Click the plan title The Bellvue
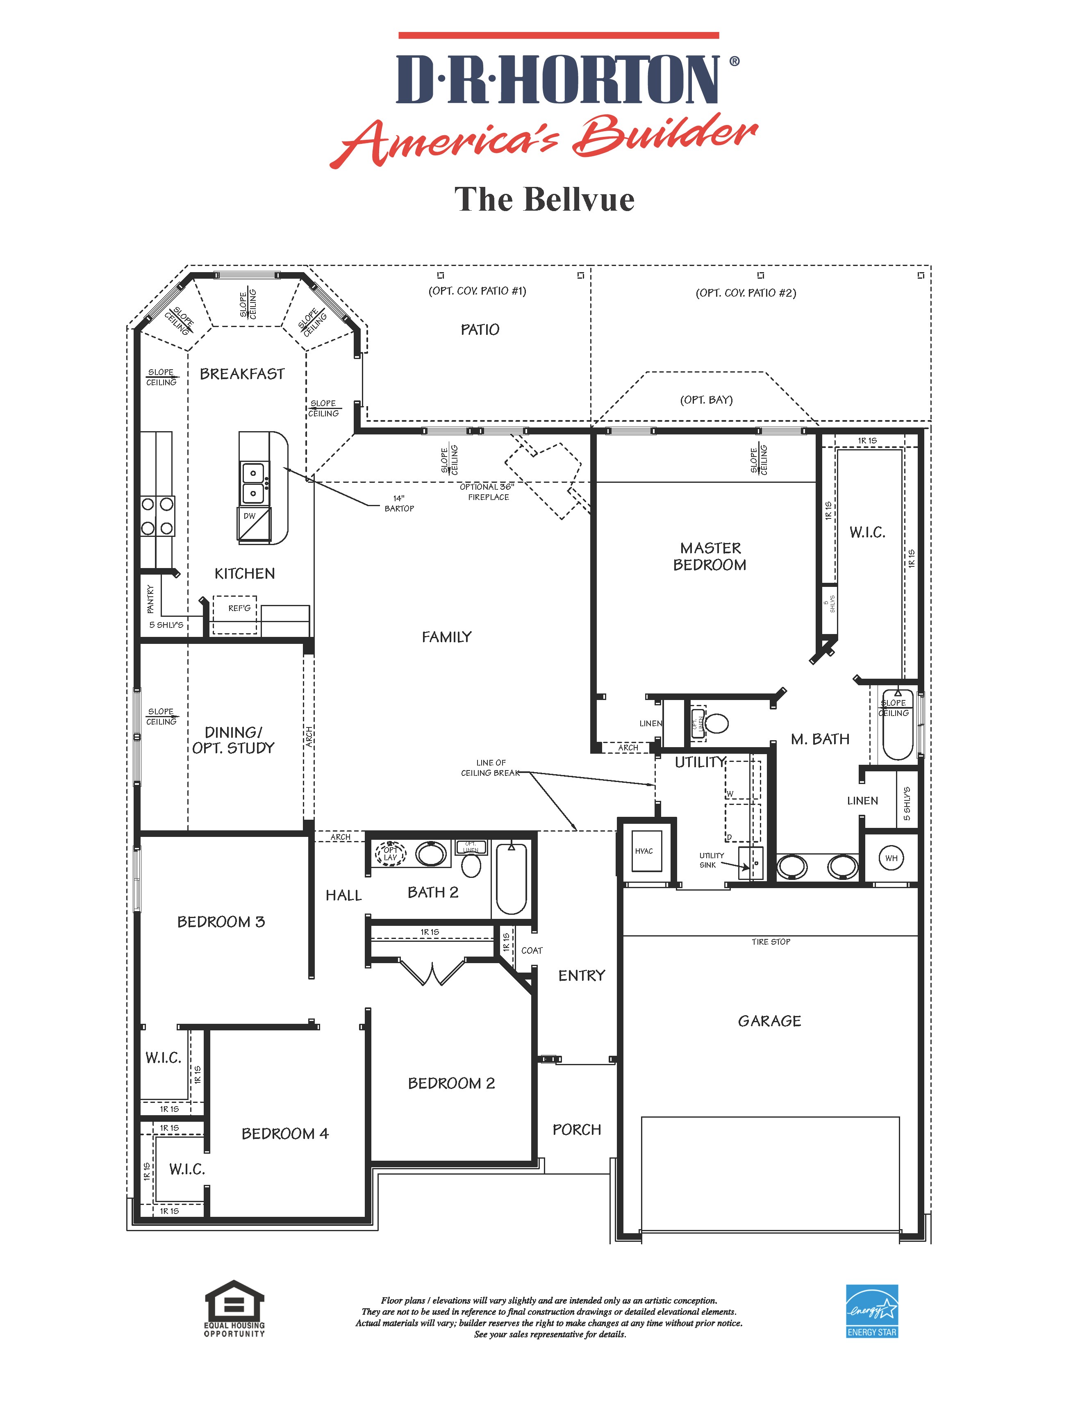click(x=544, y=200)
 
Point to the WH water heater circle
click(x=891, y=858)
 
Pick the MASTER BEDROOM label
click(x=710, y=557)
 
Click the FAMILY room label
click(x=446, y=637)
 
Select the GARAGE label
click(x=769, y=1021)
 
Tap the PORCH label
click(x=577, y=1130)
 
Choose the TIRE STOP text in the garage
click(x=771, y=942)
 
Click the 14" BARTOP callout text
click(x=399, y=503)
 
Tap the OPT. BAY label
click(x=706, y=400)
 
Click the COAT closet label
click(x=532, y=950)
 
